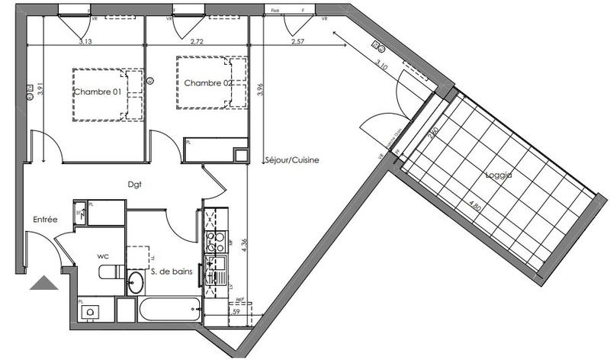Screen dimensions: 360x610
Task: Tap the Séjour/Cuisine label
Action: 291,160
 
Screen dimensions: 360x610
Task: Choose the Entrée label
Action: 45,220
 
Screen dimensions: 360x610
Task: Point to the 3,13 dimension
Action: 85,43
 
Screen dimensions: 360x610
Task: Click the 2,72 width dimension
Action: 197,43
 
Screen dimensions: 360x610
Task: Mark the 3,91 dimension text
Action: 30,91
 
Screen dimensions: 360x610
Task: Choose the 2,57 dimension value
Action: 299,43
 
